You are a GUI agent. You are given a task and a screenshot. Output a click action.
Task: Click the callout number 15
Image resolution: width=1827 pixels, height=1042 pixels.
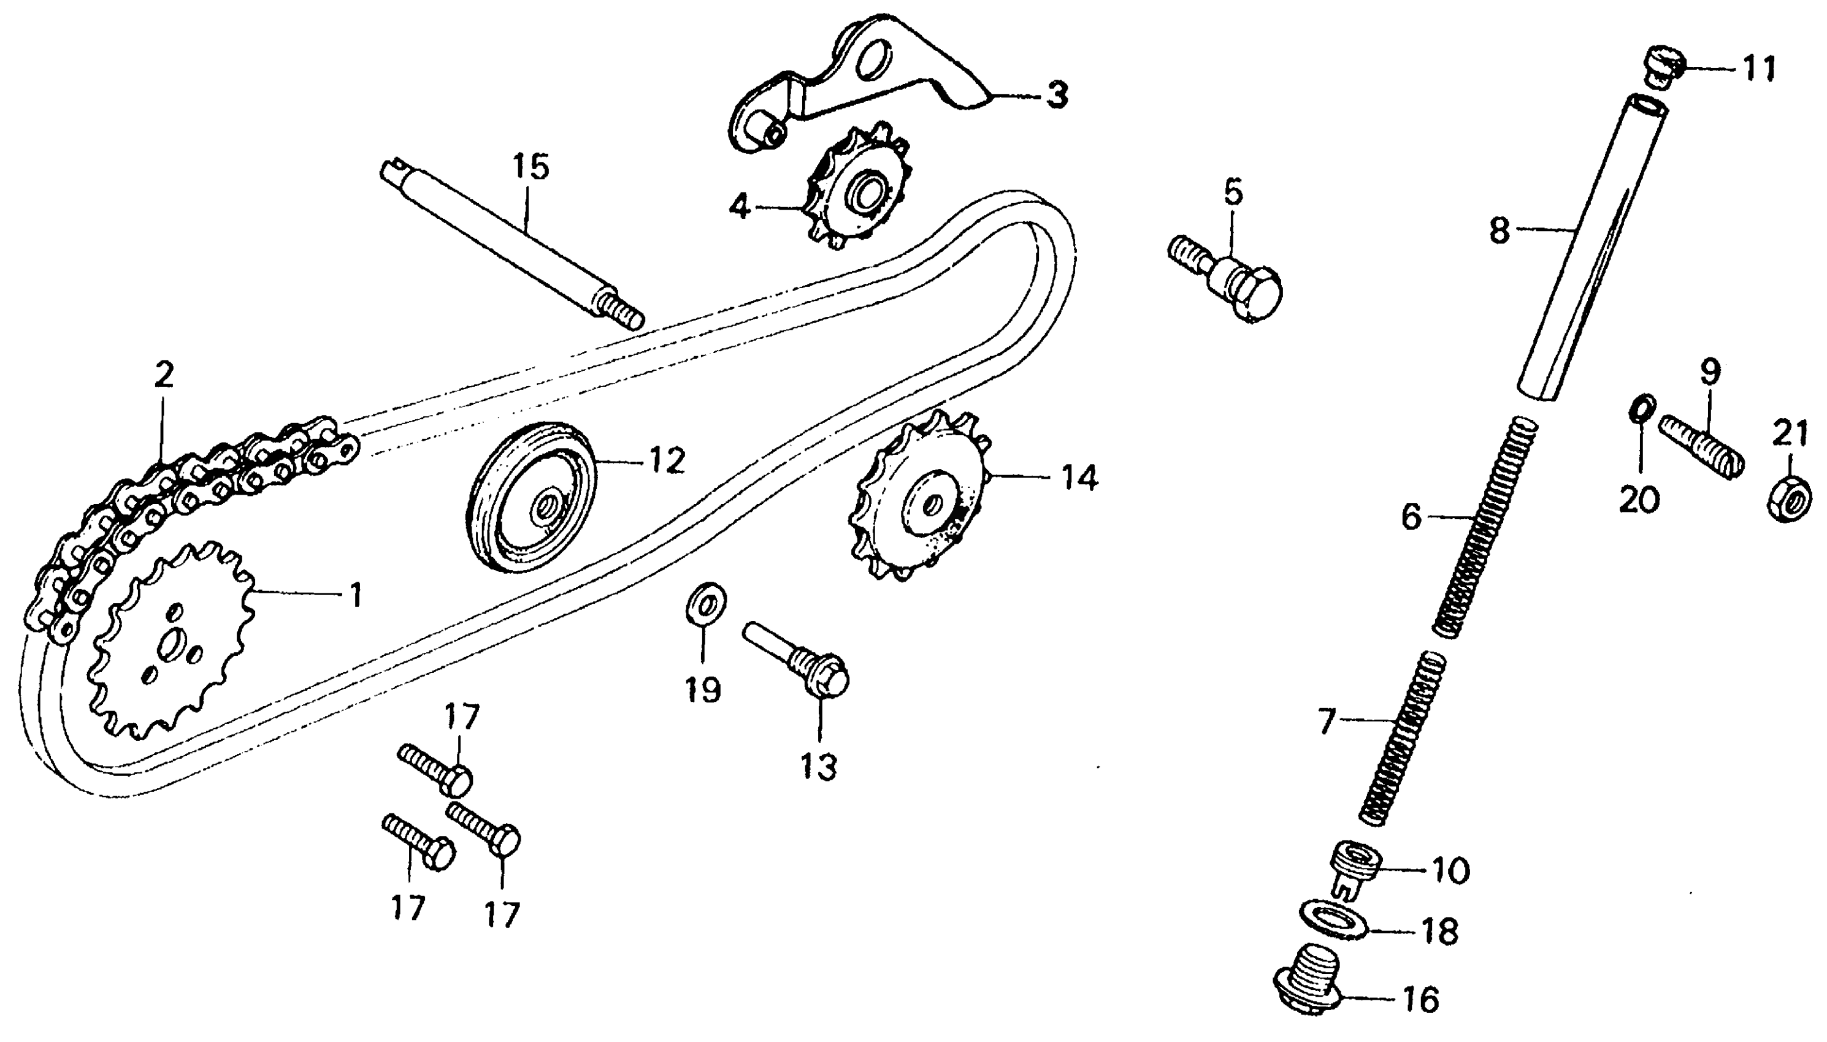point(530,167)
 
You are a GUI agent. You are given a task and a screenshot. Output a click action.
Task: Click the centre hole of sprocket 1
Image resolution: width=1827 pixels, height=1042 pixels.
point(170,646)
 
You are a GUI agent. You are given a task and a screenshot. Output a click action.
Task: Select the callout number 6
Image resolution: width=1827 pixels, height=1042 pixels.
point(1411,516)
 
